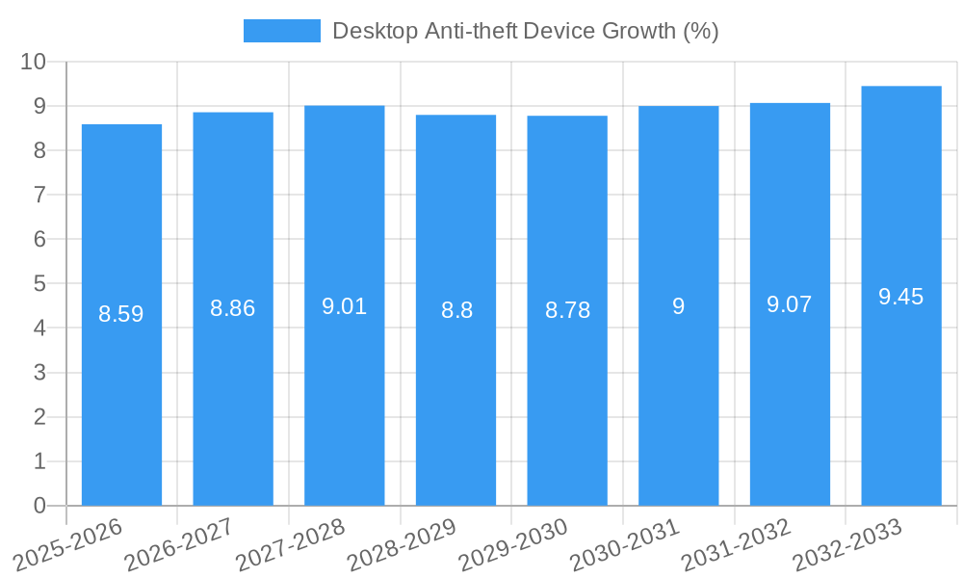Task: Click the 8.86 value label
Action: pyautogui.click(x=233, y=309)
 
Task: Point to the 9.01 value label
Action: pyautogui.click(x=344, y=307)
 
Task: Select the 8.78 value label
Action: pyautogui.click(x=567, y=310)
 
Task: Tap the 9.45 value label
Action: pyautogui.click(x=901, y=297)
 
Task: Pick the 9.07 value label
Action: pyautogui.click(x=790, y=305)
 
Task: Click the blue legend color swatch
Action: pyautogui.click(x=281, y=31)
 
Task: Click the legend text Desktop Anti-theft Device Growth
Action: pyautogui.click(x=525, y=31)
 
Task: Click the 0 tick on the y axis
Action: pyautogui.click(x=39, y=506)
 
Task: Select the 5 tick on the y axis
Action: pyautogui.click(x=39, y=284)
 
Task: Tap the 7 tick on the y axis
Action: pyautogui.click(x=39, y=195)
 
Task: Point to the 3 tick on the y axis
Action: pyautogui.click(x=39, y=373)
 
